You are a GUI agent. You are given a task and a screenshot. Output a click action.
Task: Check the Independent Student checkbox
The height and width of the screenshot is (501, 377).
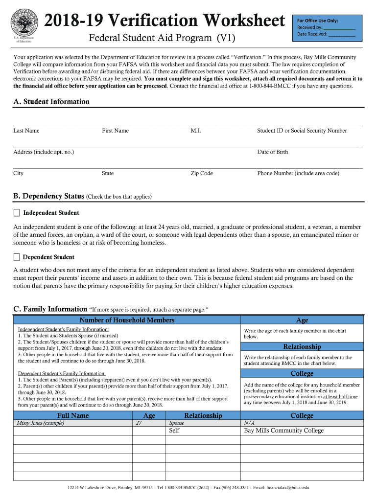pos(17,213)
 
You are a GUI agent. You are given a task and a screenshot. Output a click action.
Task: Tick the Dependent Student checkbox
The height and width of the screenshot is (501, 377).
pos(17,257)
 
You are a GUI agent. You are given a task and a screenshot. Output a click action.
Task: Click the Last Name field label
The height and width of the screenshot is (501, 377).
pos(26,131)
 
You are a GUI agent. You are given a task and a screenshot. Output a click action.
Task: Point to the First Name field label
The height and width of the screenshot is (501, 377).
pos(115,131)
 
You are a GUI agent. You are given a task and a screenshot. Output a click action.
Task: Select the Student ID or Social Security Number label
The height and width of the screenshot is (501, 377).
pos(302,131)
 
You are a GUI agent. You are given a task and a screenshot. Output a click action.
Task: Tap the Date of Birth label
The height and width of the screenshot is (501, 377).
pos(273,152)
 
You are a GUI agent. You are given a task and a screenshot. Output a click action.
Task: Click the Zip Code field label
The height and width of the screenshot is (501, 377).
pos(202,173)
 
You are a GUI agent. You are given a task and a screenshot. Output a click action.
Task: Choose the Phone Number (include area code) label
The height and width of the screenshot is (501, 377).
pos(298,173)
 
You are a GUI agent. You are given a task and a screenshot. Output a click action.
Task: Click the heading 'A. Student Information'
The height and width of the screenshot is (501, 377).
pos(51,102)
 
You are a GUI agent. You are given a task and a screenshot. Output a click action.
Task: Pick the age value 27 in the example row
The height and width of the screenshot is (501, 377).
pos(139,423)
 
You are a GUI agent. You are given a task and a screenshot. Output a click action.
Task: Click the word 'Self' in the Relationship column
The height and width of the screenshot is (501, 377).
pos(174,431)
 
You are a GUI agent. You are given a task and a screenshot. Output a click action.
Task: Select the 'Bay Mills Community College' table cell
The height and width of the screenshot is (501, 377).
pos(284,431)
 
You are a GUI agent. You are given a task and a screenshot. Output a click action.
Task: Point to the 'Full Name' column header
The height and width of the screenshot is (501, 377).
pos(73,415)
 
